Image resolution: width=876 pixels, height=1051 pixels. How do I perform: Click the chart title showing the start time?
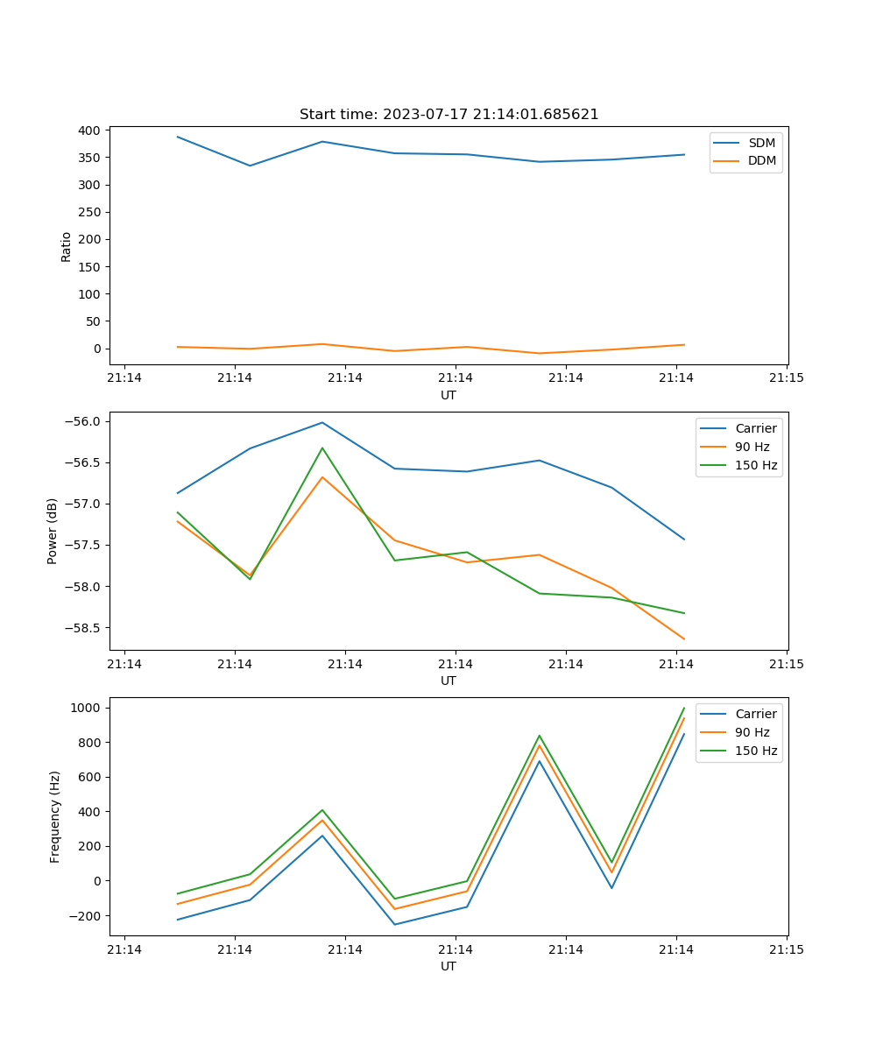point(449,115)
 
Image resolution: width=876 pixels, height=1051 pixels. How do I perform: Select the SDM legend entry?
point(761,143)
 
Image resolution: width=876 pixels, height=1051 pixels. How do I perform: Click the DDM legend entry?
point(762,160)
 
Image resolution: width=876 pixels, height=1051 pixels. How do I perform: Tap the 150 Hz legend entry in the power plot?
point(756,465)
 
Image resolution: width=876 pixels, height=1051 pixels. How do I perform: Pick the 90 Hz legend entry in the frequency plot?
point(752,732)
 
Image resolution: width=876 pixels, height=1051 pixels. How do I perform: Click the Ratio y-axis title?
point(67,246)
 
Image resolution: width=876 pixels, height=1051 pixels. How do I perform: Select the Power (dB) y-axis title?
point(53,531)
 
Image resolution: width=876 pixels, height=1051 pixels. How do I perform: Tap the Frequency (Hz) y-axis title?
point(54,816)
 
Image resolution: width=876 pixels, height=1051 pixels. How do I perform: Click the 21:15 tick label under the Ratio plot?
point(786,378)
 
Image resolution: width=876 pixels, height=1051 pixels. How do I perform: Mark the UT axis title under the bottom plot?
point(449,966)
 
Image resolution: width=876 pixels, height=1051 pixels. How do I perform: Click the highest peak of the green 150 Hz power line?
point(322,448)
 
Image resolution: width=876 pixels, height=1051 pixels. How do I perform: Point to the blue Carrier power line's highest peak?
point(322,422)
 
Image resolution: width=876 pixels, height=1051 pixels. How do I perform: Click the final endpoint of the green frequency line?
point(684,708)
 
